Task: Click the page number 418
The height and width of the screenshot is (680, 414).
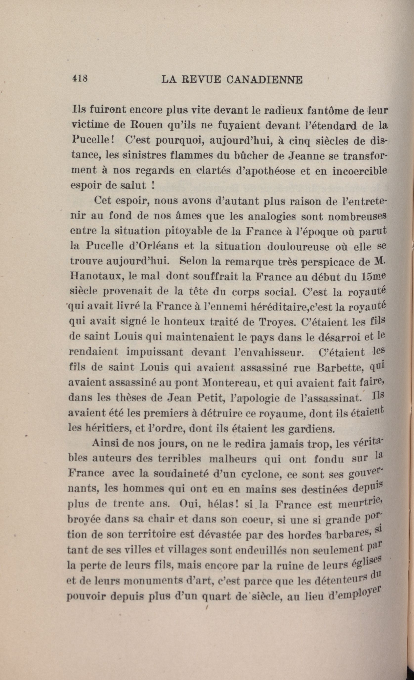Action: [x=80, y=79]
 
